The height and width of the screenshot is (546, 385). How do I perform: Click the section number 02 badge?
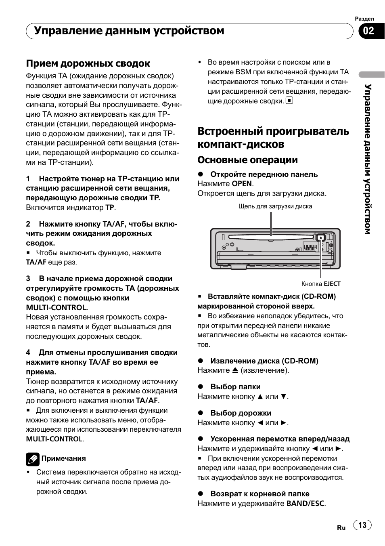click(369, 31)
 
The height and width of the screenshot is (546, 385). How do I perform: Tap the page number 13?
click(362, 525)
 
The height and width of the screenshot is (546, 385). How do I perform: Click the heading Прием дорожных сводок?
click(88, 63)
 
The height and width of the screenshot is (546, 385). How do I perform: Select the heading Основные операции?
click(247, 160)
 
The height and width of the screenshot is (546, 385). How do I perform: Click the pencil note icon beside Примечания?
click(33, 459)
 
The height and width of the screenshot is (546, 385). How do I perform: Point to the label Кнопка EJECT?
click(321, 283)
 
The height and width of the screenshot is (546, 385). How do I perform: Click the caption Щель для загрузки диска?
click(275, 206)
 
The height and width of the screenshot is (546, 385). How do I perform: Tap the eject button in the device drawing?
click(320, 237)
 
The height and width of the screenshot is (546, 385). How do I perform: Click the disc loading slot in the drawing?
click(270, 238)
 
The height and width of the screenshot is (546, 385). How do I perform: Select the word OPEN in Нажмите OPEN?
click(242, 184)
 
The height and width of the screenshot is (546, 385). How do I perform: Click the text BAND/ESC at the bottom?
click(305, 504)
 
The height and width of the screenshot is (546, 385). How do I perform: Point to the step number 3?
click(28, 279)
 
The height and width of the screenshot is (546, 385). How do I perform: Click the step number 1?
click(28, 178)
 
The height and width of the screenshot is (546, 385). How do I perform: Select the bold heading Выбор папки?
click(235, 387)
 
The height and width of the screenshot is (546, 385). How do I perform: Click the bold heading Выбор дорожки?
click(241, 413)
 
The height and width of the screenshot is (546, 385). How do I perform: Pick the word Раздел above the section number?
click(364, 19)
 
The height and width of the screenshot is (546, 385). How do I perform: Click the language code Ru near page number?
click(341, 527)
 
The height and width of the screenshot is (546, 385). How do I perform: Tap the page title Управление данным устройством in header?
click(129, 31)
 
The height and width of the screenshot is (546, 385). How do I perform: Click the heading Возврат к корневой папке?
click(259, 494)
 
